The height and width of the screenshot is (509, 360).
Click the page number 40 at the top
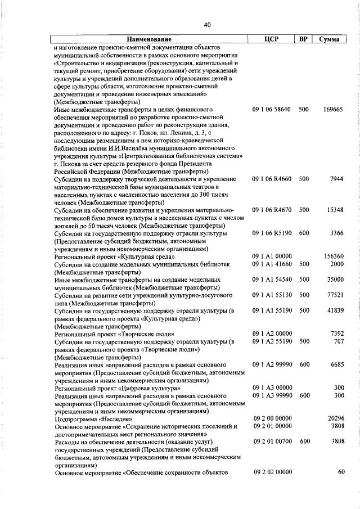208,25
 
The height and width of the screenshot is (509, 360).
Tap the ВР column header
303,40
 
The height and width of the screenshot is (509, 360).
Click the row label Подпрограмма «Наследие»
93,419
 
